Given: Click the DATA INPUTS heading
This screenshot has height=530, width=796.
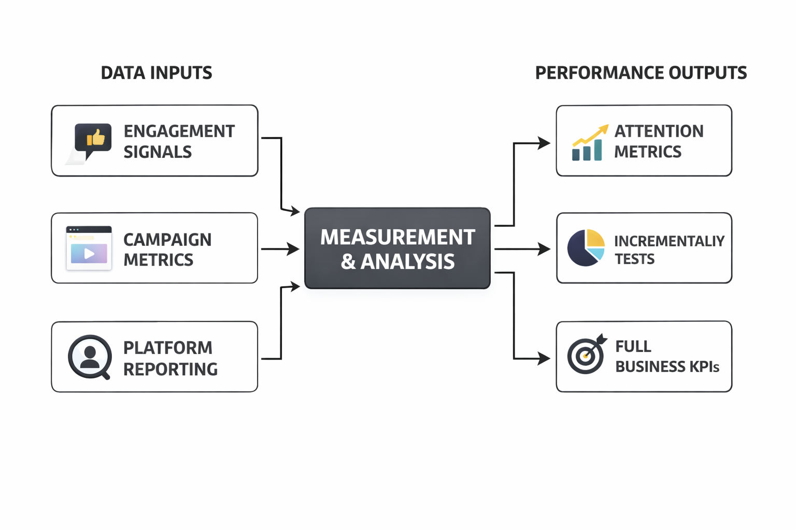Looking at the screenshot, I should (156, 73).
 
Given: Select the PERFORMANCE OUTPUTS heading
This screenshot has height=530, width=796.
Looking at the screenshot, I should (641, 73).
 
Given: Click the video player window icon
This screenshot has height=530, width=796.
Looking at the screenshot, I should (89, 248).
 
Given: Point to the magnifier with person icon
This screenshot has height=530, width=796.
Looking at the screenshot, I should (90, 357).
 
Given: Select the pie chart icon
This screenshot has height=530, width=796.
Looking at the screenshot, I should (586, 248).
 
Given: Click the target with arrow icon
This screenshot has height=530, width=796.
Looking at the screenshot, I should (586, 355).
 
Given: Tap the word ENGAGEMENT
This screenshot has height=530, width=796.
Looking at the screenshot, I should (179, 131).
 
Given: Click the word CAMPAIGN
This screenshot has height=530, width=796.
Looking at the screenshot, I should (167, 240).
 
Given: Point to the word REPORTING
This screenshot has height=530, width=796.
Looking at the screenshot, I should (170, 369).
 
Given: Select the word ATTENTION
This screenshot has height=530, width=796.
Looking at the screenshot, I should (659, 131).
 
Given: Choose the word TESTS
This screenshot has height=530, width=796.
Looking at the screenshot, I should (634, 259).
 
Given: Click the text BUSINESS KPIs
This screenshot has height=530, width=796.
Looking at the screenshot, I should (667, 367).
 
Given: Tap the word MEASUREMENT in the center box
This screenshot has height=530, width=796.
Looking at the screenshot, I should (397, 237).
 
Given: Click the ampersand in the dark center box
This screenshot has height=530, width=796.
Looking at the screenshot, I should (348, 262).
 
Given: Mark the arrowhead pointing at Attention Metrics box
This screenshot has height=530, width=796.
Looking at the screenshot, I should (544, 143).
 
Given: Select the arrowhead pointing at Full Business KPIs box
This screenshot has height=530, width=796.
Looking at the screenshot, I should (544, 358).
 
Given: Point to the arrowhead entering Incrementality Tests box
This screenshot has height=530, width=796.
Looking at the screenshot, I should (544, 249).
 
